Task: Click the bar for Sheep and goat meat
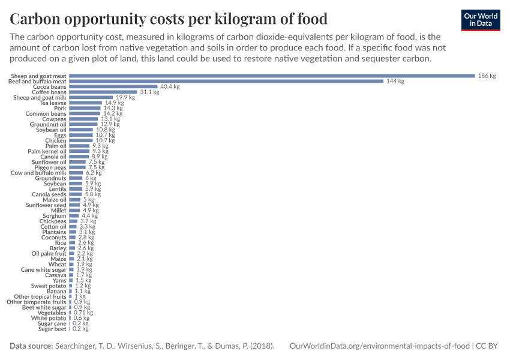(272, 76)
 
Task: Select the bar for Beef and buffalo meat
(226, 81)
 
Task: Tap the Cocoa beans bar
(113, 86)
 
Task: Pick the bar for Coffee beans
(103, 92)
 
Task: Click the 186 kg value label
(487, 76)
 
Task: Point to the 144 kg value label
(395, 81)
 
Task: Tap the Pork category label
(60, 108)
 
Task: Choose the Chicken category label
(56, 140)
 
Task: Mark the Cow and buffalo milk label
(38, 173)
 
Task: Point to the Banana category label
(56, 291)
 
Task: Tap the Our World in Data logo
(481, 20)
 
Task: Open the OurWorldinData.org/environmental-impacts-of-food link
(380, 346)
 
